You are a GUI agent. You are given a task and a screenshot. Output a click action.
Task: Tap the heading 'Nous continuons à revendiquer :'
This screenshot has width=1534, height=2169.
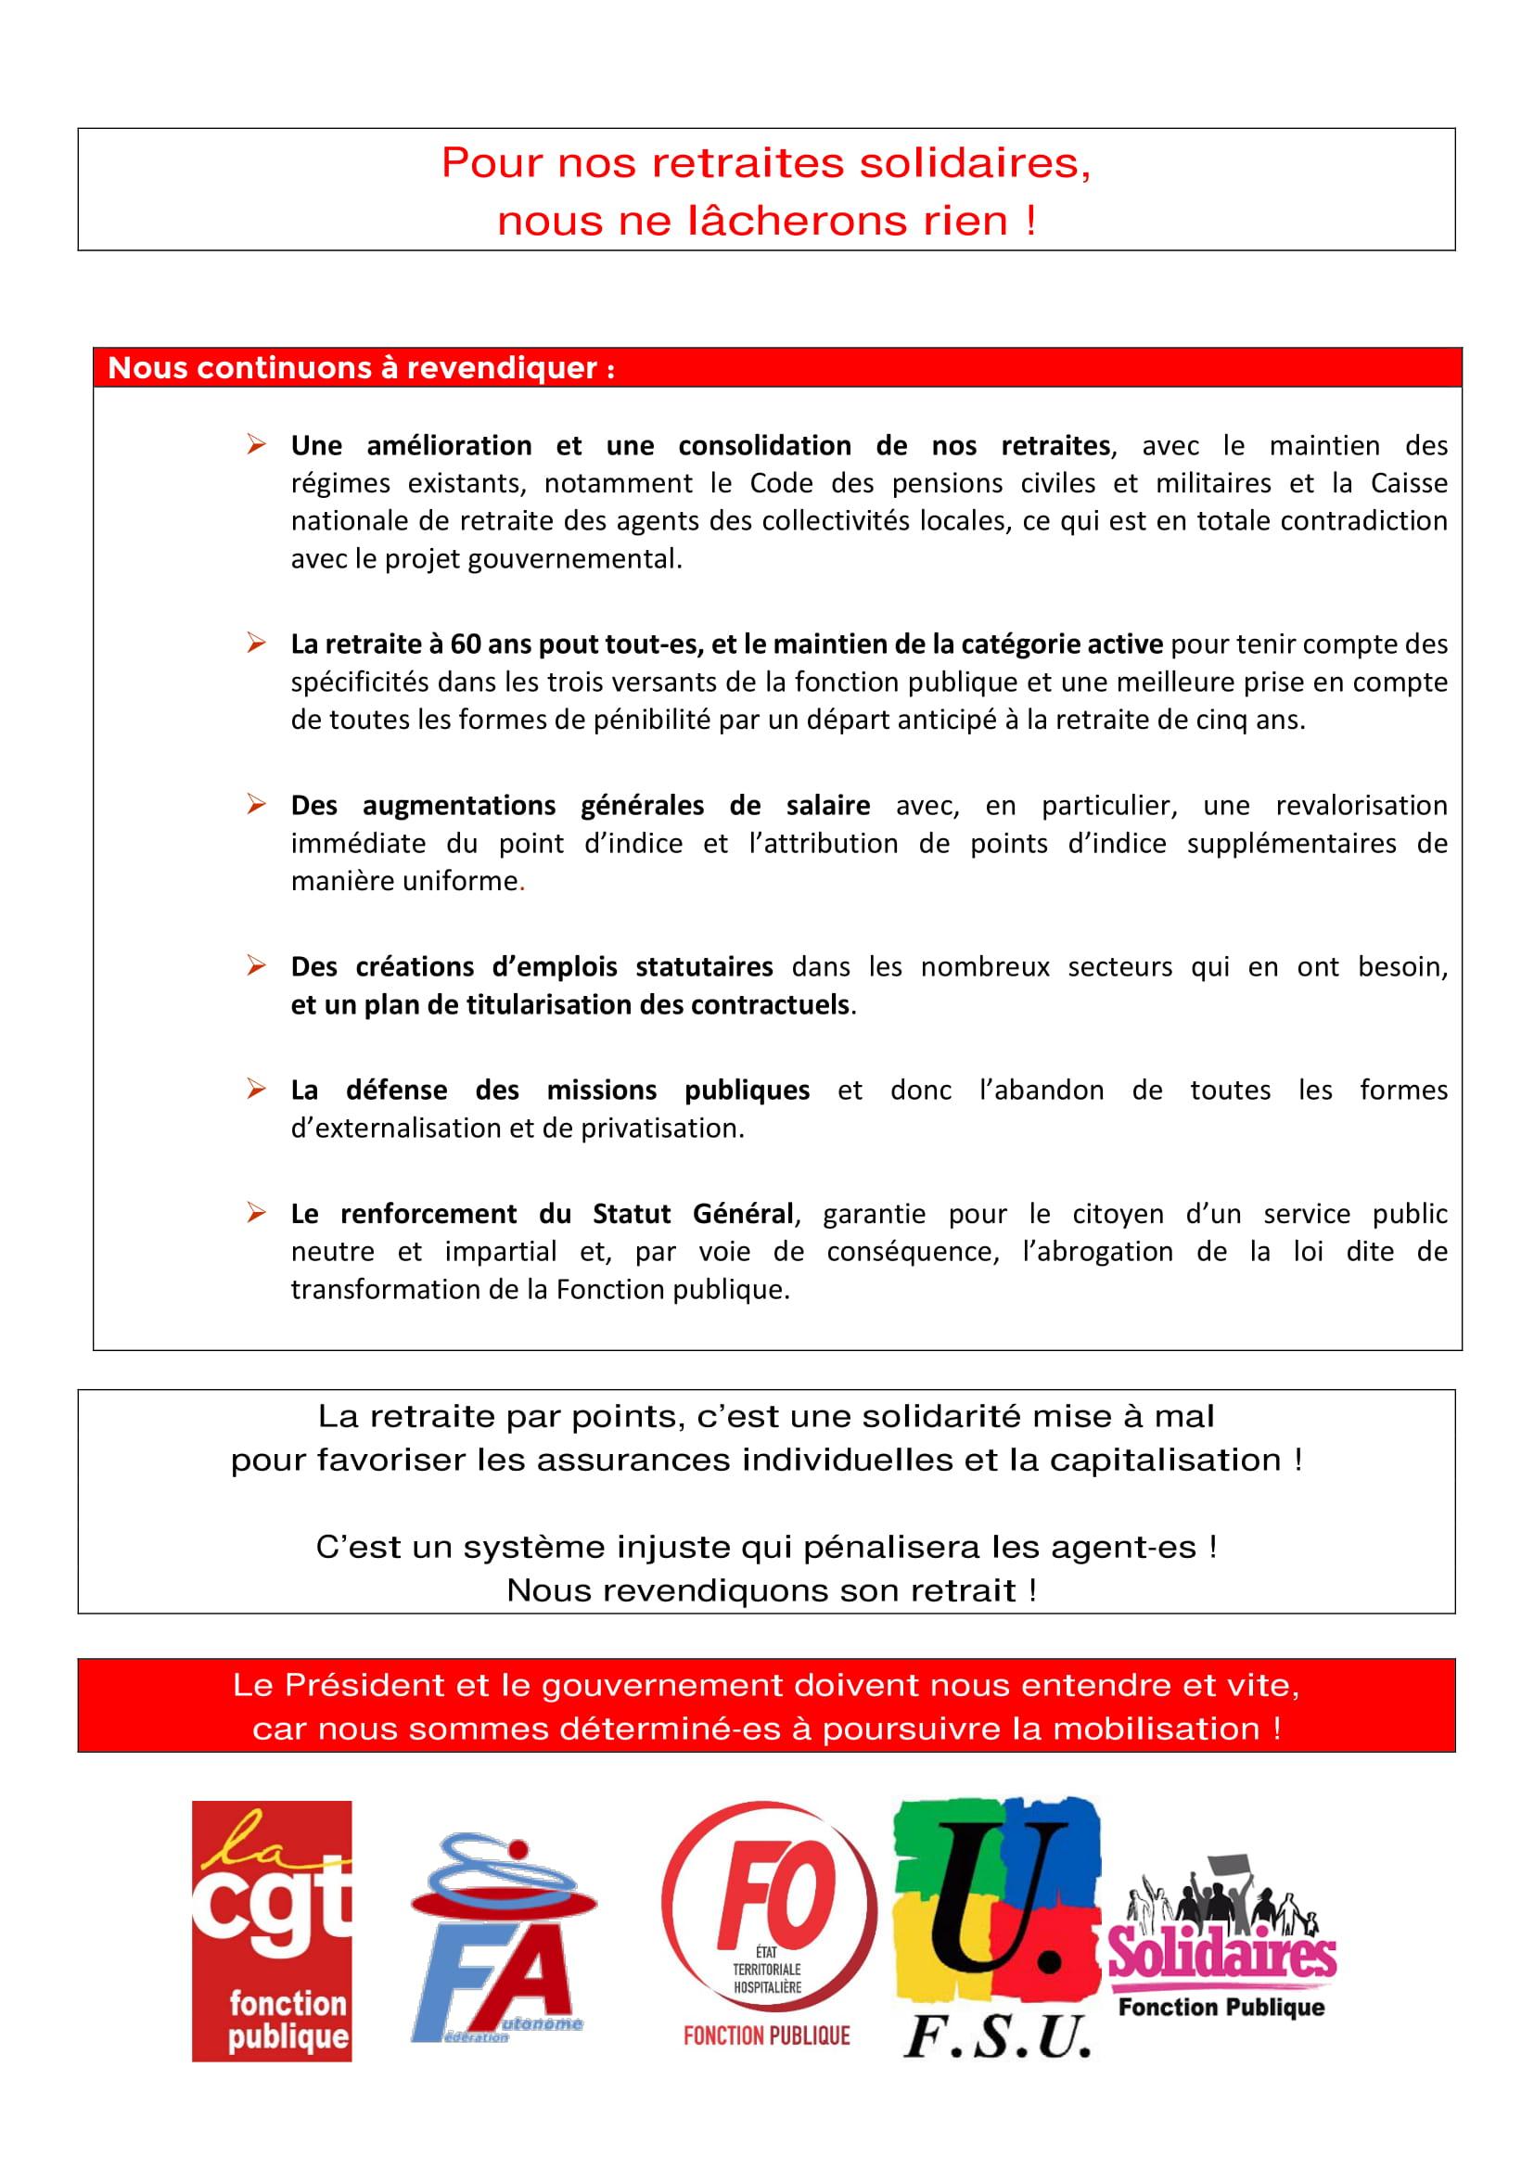[x=362, y=368]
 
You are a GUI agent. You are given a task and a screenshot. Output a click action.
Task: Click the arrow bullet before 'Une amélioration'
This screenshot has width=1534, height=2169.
[x=255, y=444]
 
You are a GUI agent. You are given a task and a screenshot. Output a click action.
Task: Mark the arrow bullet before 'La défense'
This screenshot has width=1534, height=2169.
[x=255, y=1090]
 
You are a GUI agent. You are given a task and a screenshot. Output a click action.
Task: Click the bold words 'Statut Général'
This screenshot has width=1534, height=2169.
[x=692, y=1213]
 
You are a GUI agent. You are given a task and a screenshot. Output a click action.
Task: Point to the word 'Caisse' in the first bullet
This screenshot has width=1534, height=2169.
[x=1409, y=484]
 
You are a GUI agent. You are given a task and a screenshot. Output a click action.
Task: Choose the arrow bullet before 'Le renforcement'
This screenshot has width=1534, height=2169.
[x=255, y=1213]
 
